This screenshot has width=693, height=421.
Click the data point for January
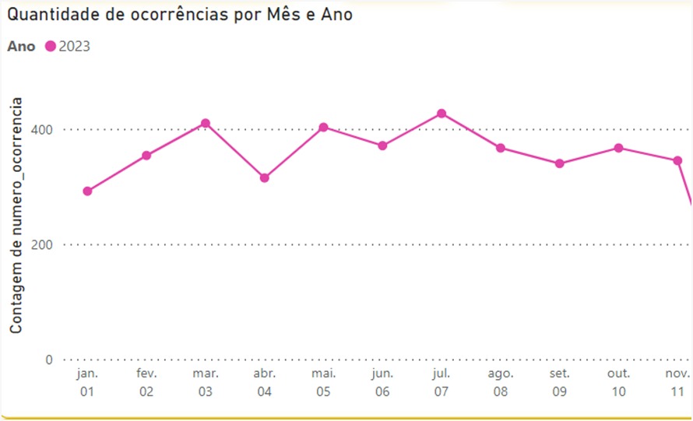[87, 191]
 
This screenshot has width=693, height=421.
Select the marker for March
[206, 124]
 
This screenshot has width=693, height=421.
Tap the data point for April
[265, 178]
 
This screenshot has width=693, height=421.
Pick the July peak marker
[441, 114]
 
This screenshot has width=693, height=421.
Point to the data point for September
[559, 163]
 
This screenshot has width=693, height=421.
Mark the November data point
[677, 160]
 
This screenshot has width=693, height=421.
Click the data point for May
[323, 127]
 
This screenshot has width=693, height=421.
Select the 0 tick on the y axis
[48, 360]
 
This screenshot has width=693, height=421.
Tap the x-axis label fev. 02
[146, 382]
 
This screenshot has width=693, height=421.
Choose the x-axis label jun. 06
[382, 382]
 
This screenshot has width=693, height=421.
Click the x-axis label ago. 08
[501, 382]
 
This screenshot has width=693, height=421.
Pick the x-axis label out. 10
[618, 382]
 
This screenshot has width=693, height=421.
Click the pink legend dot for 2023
[51, 47]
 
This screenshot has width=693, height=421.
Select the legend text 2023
[75, 47]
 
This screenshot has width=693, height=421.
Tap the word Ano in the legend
[21, 47]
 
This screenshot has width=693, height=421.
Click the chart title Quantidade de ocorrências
[180, 15]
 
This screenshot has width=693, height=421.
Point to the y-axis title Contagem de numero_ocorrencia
[16, 216]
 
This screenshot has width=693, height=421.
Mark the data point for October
[618, 148]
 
